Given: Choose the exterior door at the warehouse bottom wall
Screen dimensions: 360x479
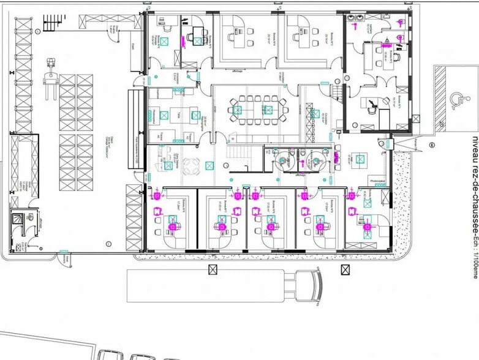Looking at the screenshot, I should coord(63,257).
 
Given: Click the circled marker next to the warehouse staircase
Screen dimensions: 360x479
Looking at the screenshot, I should coord(38,32).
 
